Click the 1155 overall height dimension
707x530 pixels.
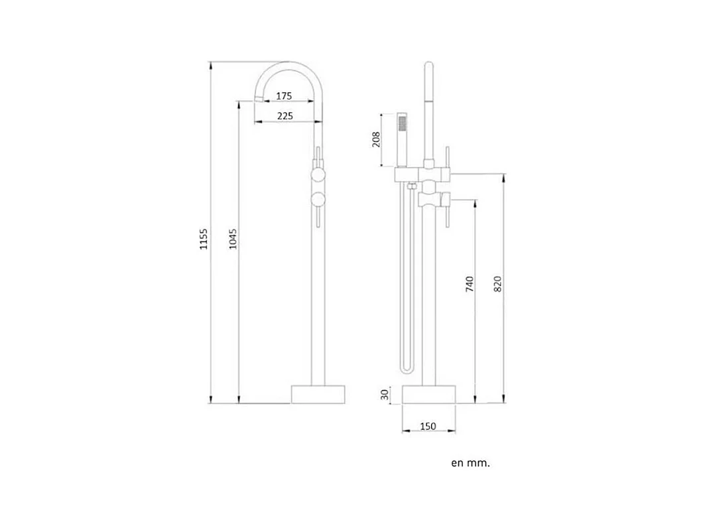point(204,239)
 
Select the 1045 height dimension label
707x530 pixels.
point(233,239)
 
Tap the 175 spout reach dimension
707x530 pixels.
point(284,96)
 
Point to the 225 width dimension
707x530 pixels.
point(285,116)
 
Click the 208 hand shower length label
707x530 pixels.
point(377,139)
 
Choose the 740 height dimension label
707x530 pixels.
point(470,284)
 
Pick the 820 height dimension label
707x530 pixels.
point(497,284)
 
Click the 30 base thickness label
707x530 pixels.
point(385,395)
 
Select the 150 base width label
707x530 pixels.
point(428,427)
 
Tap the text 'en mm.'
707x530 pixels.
point(470,463)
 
